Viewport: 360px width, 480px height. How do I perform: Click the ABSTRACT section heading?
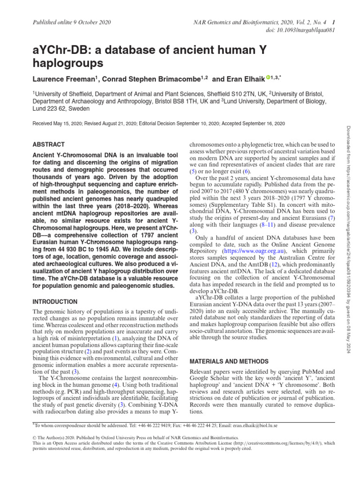tap(49, 145)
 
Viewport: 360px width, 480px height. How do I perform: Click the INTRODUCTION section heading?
tap(55, 301)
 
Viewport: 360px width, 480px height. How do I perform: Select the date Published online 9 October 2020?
tap(70, 22)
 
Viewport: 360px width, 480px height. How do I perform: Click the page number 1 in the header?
tap(333, 22)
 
